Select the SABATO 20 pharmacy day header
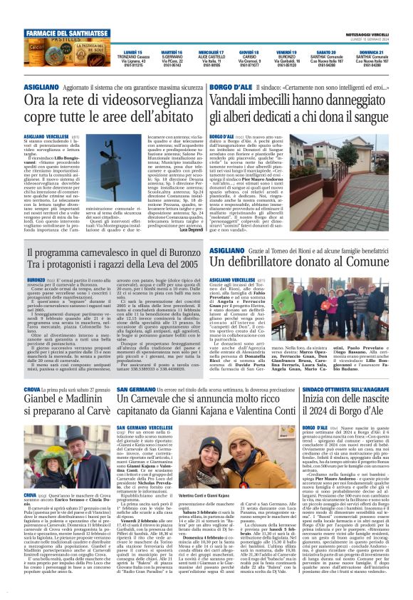click(x=326, y=53)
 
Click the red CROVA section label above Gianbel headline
click(x=32, y=389)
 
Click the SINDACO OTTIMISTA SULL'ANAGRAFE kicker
click(x=341, y=389)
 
